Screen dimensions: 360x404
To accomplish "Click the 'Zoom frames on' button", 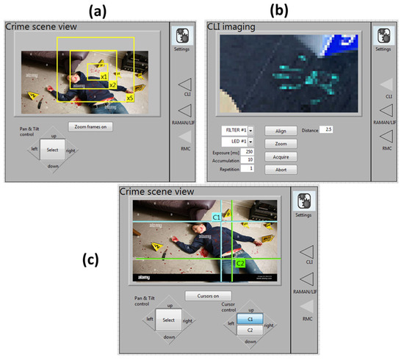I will click(x=90, y=126).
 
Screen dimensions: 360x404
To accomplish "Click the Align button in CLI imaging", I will click(x=280, y=130).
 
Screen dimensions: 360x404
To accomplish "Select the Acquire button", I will click(x=280, y=156).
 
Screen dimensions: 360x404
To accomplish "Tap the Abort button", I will click(x=280, y=170).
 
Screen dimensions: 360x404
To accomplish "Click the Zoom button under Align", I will click(x=280, y=143).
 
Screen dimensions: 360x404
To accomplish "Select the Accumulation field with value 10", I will click(x=251, y=159).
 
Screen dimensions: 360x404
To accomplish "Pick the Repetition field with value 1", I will click(x=251, y=168).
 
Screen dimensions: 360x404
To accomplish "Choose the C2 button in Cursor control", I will click(x=251, y=330).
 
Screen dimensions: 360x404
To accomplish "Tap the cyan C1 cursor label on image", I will click(x=216, y=217).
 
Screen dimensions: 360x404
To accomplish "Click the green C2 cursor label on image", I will click(x=239, y=262).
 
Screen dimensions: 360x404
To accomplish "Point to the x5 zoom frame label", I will click(x=129, y=98).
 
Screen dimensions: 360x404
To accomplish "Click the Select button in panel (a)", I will click(x=51, y=150).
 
